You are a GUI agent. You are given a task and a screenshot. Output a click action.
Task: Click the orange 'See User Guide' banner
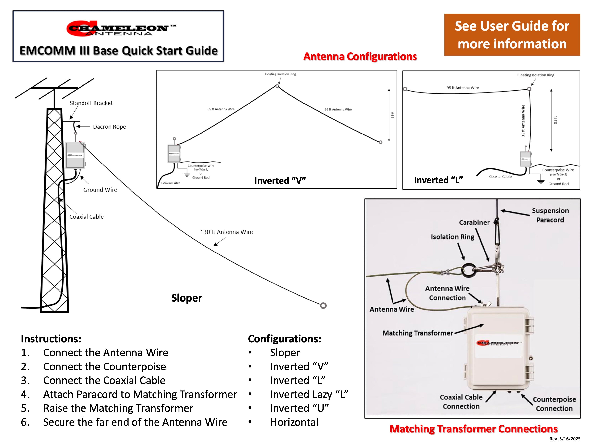click(512, 35)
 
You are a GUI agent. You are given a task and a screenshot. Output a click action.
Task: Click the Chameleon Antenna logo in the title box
click(121, 28)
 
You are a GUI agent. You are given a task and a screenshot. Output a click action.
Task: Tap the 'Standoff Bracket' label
click(91, 103)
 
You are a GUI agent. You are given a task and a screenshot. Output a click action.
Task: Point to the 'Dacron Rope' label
click(109, 127)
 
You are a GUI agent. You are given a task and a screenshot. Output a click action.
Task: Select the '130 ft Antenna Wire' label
click(226, 232)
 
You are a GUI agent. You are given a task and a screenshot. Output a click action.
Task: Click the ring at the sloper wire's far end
click(323, 306)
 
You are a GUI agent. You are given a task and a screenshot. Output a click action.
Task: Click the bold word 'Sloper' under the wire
click(186, 298)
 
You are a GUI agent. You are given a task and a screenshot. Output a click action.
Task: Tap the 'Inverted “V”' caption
click(280, 181)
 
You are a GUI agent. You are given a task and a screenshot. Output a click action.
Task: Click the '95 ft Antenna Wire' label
click(463, 88)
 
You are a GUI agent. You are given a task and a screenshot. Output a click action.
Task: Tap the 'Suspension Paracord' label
click(550, 215)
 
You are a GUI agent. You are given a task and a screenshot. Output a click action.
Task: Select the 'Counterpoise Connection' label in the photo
click(554, 404)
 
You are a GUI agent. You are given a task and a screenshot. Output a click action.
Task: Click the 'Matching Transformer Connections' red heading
click(473, 429)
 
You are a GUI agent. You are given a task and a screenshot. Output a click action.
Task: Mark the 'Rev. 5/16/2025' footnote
click(565, 439)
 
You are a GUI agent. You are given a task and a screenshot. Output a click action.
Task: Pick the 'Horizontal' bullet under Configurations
click(294, 422)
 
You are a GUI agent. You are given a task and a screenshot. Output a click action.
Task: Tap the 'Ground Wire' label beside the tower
click(100, 190)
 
